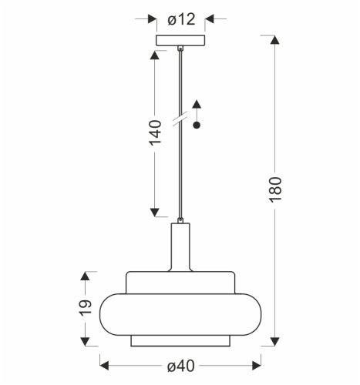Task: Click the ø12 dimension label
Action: coord(181,19)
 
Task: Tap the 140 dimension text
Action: coord(156,132)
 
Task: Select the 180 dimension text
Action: coord(278,189)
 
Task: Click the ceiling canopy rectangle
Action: coord(180,41)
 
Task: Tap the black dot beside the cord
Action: coord(197,126)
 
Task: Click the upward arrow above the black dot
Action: coord(197,105)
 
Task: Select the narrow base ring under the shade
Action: coord(180,340)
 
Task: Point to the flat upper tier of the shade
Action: coord(180,282)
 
